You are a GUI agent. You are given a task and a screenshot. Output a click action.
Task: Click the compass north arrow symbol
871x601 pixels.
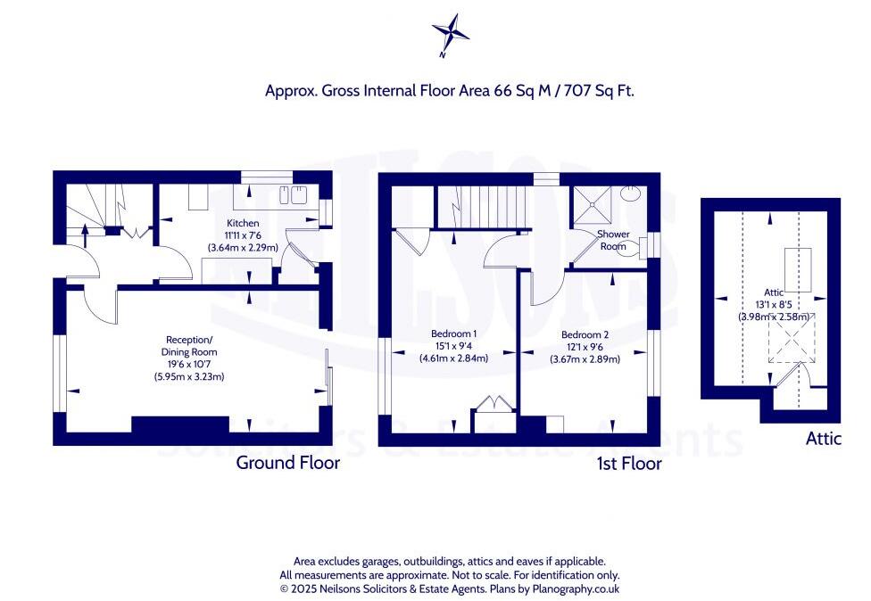450,33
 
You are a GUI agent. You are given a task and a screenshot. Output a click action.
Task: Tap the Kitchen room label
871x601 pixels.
243,223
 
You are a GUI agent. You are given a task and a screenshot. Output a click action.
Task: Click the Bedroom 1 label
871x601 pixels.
450,333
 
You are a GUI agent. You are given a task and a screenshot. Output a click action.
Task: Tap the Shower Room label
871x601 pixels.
612,240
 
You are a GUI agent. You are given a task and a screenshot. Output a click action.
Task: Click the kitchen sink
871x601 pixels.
291,196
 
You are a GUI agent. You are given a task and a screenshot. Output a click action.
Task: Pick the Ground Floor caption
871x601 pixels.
287,463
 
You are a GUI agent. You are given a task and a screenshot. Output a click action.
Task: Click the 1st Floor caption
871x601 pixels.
628,464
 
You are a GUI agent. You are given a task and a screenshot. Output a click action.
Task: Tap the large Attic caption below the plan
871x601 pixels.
823,439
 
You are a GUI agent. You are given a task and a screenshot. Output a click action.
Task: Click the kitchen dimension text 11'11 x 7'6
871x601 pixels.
243,235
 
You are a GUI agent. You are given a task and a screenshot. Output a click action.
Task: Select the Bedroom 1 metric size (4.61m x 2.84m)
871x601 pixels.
450,358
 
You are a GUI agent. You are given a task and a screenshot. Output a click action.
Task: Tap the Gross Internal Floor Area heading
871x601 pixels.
449,90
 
